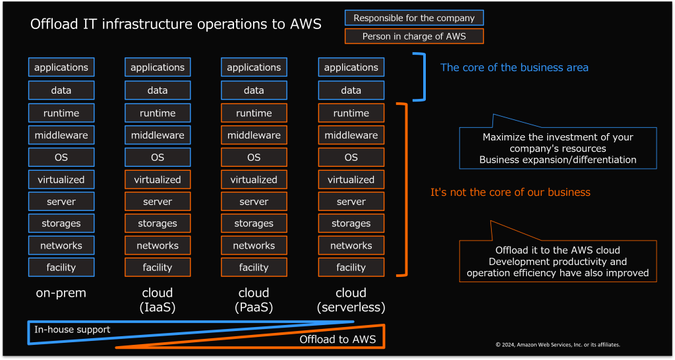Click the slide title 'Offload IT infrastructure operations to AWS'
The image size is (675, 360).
pos(176,25)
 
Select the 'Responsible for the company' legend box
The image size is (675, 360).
pos(414,18)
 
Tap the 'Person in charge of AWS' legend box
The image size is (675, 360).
pos(414,36)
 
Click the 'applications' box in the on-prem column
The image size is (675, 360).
pos(61,67)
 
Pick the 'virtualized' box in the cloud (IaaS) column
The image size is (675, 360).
pos(158,179)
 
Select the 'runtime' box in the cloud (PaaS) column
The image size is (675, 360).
pos(254,113)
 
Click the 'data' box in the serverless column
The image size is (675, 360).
pos(351,90)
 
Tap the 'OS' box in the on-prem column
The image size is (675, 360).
pos(61,158)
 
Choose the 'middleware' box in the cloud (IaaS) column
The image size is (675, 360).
pos(158,135)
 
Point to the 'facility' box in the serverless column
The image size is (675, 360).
pos(351,268)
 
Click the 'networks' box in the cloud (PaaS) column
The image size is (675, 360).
pos(254,245)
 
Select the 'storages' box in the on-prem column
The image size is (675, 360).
pos(61,224)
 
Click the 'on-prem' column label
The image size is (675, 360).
pos(61,293)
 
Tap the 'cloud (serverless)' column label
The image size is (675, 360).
pos(351,300)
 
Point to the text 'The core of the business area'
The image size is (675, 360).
pos(514,67)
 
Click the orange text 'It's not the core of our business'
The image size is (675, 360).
pos(510,193)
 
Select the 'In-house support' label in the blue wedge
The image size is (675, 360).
pos(73,329)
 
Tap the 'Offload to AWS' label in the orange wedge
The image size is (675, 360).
pos(337,340)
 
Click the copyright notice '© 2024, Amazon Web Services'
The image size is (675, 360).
pos(558,344)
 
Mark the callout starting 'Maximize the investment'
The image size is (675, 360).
pos(558,148)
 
